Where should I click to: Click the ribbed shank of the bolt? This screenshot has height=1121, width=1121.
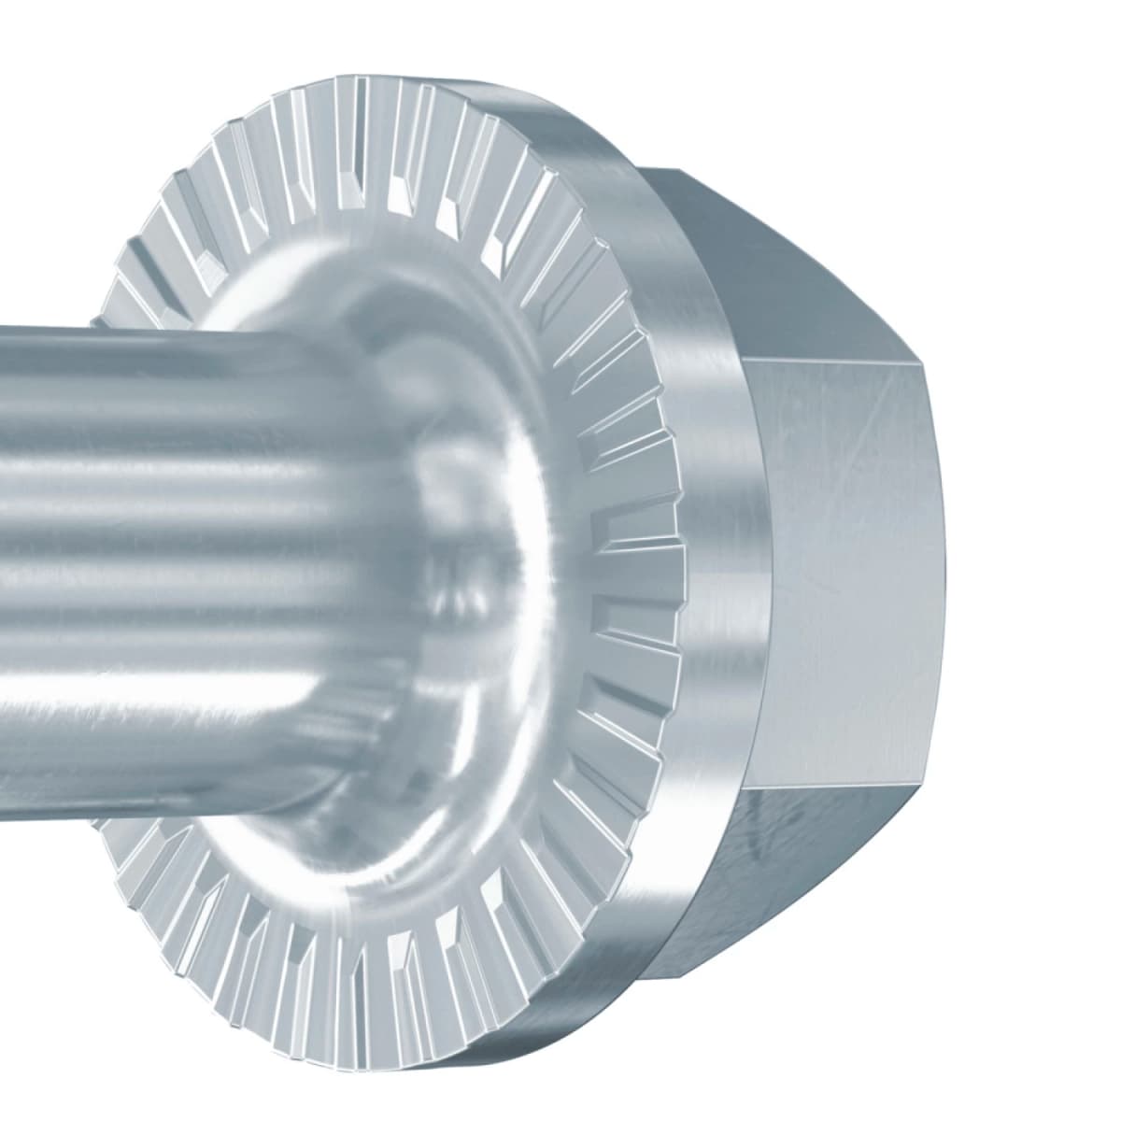(x=187, y=523)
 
